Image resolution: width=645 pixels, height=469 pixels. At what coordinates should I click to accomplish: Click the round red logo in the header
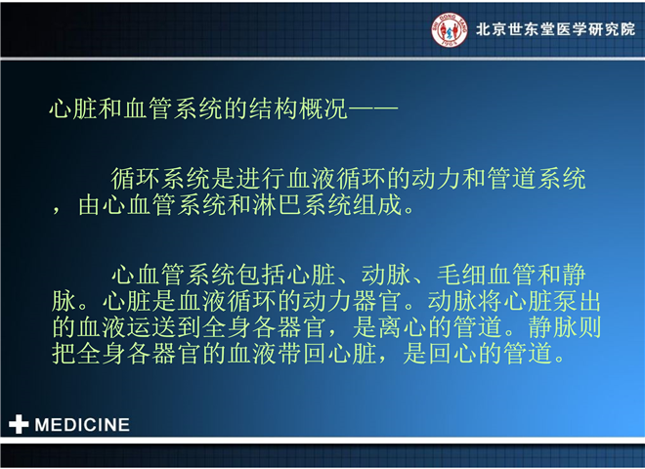point(450,29)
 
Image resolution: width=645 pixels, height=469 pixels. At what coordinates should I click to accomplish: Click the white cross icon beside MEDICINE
point(19,424)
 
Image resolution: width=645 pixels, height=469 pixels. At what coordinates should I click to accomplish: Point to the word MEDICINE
point(82,425)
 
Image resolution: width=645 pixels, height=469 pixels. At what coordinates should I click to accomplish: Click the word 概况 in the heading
point(323,109)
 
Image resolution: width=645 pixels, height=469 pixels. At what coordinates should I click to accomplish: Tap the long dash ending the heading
point(373,109)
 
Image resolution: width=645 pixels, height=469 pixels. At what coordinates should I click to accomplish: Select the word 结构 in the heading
point(274,109)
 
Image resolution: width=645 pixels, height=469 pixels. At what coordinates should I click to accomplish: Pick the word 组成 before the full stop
point(377,205)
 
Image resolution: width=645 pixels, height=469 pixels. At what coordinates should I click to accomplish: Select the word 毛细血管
point(487,275)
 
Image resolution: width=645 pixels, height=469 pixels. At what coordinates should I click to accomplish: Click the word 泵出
point(577,301)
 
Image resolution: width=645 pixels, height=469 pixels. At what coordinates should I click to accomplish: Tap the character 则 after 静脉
point(590,327)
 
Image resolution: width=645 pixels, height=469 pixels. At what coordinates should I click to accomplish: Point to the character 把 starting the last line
point(64,354)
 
